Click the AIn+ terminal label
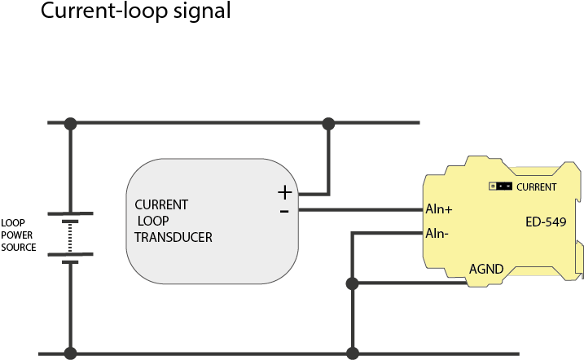(x=439, y=209)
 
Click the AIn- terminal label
(x=438, y=234)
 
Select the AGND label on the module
(x=486, y=270)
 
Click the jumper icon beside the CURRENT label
(x=500, y=187)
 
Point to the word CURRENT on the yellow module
(x=537, y=187)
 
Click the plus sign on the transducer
(x=284, y=193)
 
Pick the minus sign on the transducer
(x=284, y=211)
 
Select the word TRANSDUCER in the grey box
(x=173, y=237)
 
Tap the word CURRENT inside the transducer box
(x=161, y=204)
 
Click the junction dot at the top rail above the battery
(x=71, y=124)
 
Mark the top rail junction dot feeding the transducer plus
(x=328, y=124)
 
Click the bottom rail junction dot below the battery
(x=71, y=353)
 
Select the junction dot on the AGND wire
(x=353, y=283)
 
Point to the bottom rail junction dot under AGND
(x=353, y=353)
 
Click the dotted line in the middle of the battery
(x=71, y=237)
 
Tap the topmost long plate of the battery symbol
(x=71, y=213)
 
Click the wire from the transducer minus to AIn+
(x=358, y=210)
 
